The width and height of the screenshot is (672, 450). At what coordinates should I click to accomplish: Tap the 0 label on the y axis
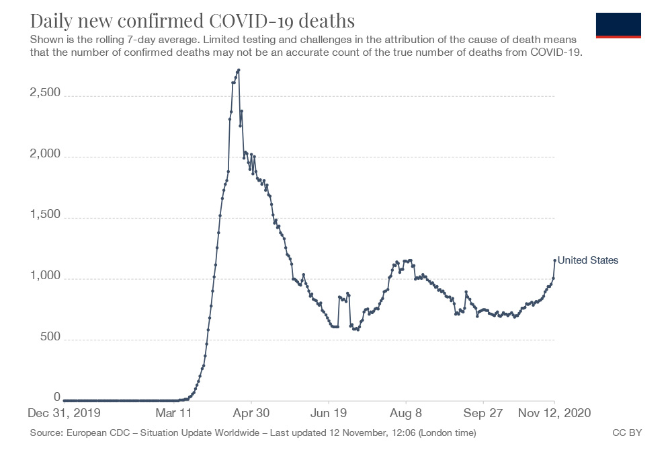point(57,397)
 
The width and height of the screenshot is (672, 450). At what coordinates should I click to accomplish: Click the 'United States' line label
point(588,260)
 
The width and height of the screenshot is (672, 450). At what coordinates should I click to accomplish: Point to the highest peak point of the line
point(239,70)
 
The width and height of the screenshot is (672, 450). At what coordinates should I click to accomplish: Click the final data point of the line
point(554,260)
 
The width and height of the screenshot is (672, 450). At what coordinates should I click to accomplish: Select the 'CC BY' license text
point(627,433)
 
